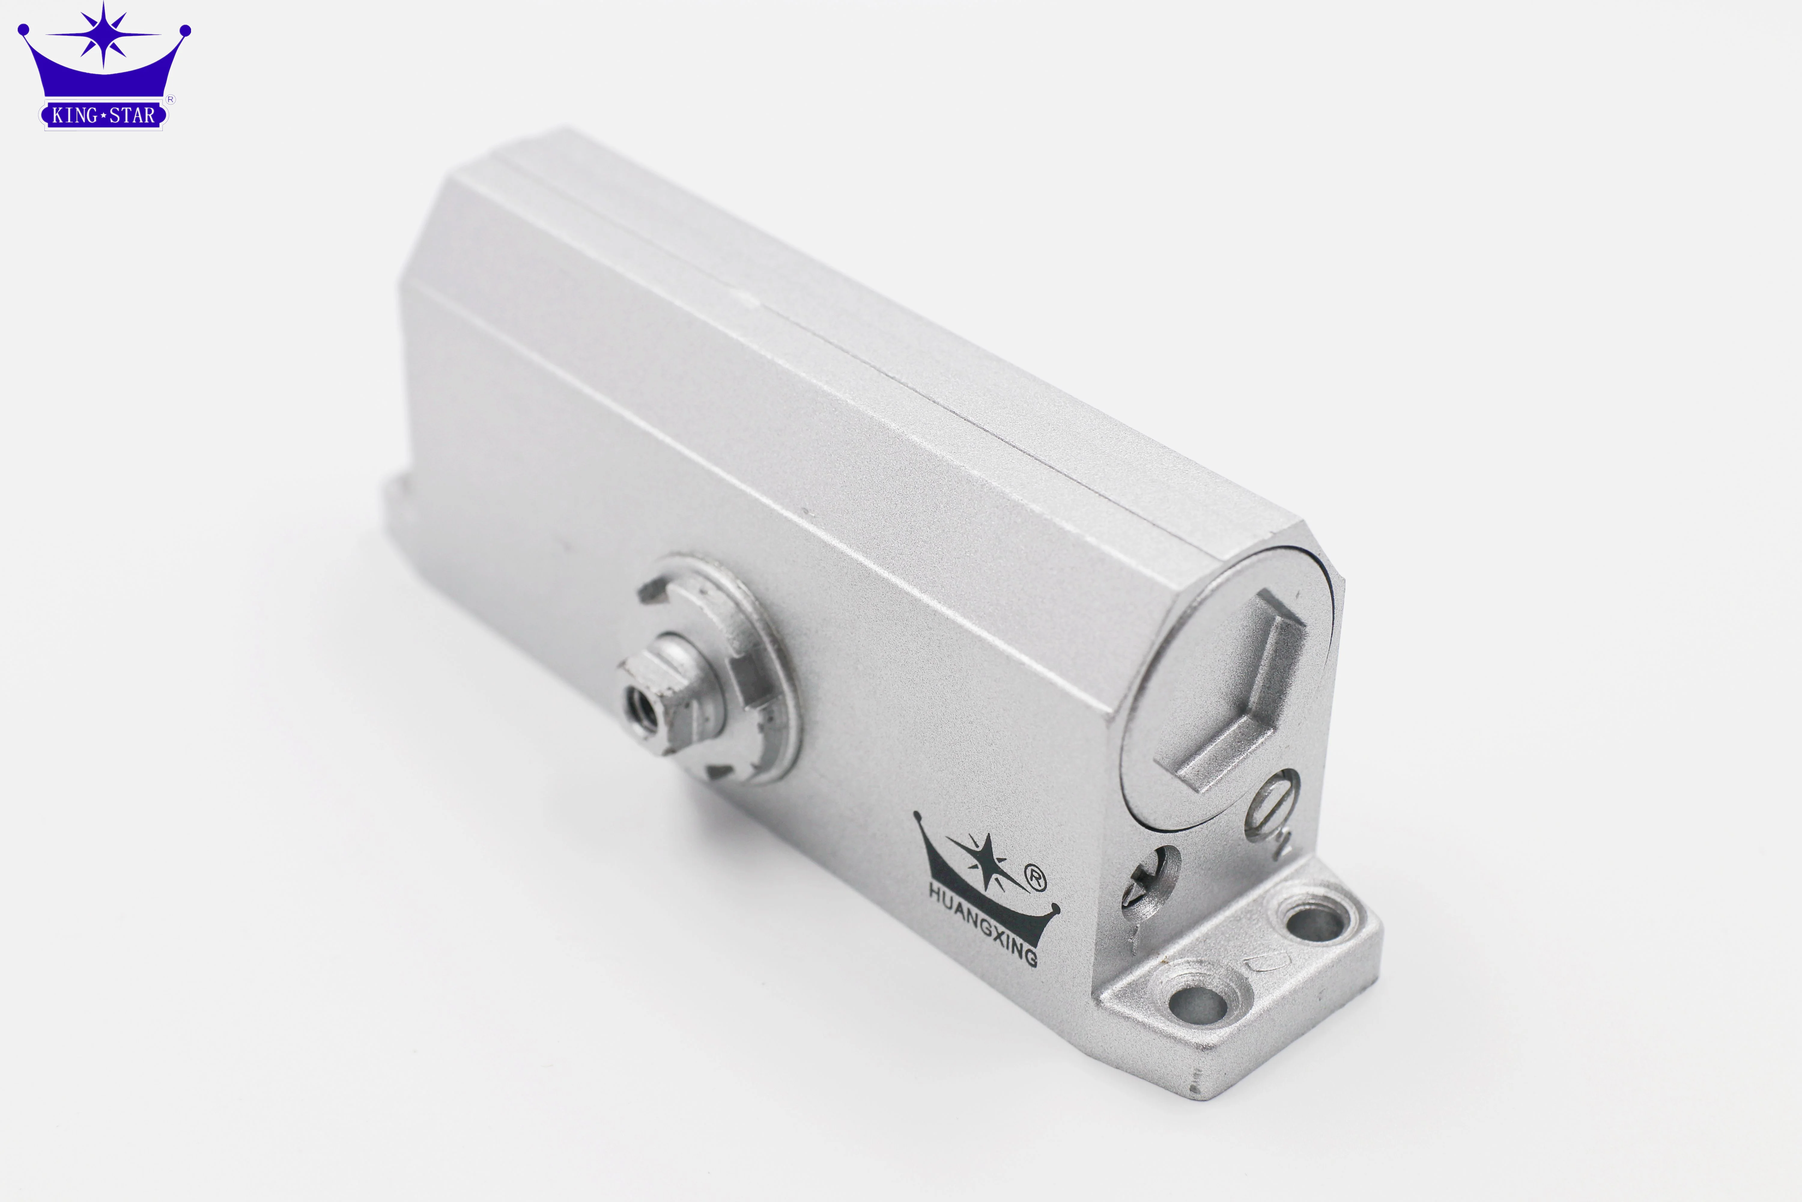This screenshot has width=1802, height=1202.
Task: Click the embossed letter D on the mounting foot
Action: tap(1262, 963)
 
